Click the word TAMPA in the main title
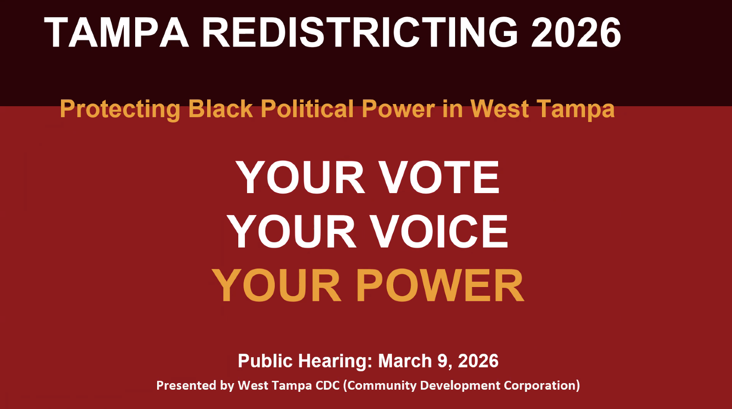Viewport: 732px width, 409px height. pyautogui.click(x=116, y=32)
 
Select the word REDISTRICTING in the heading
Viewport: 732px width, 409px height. pyautogui.click(x=360, y=32)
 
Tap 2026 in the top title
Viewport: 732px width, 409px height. pyautogui.click(x=576, y=32)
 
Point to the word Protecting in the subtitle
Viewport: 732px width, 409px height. pyautogui.click(x=120, y=109)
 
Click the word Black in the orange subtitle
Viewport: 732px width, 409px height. pyautogui.click(x=220, y=109)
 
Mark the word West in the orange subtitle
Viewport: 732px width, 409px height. pyautogui.click(x=499, y=109)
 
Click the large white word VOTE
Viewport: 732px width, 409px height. pyautogui.click(x=439, y=177)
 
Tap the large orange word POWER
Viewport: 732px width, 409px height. pyautogui.click(x=440, y=286)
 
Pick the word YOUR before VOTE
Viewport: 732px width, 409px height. pyautogui.click(x=300, y=177)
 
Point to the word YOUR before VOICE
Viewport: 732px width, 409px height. pyautogui.click(x=291, y=231)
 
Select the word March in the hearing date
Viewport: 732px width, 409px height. pyautogui.click(x=405, y=361)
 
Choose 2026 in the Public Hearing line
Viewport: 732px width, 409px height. pyautogui.click(x=478, y=361)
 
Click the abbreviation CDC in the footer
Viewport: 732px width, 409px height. pyautogui.click(x=327, y=385)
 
